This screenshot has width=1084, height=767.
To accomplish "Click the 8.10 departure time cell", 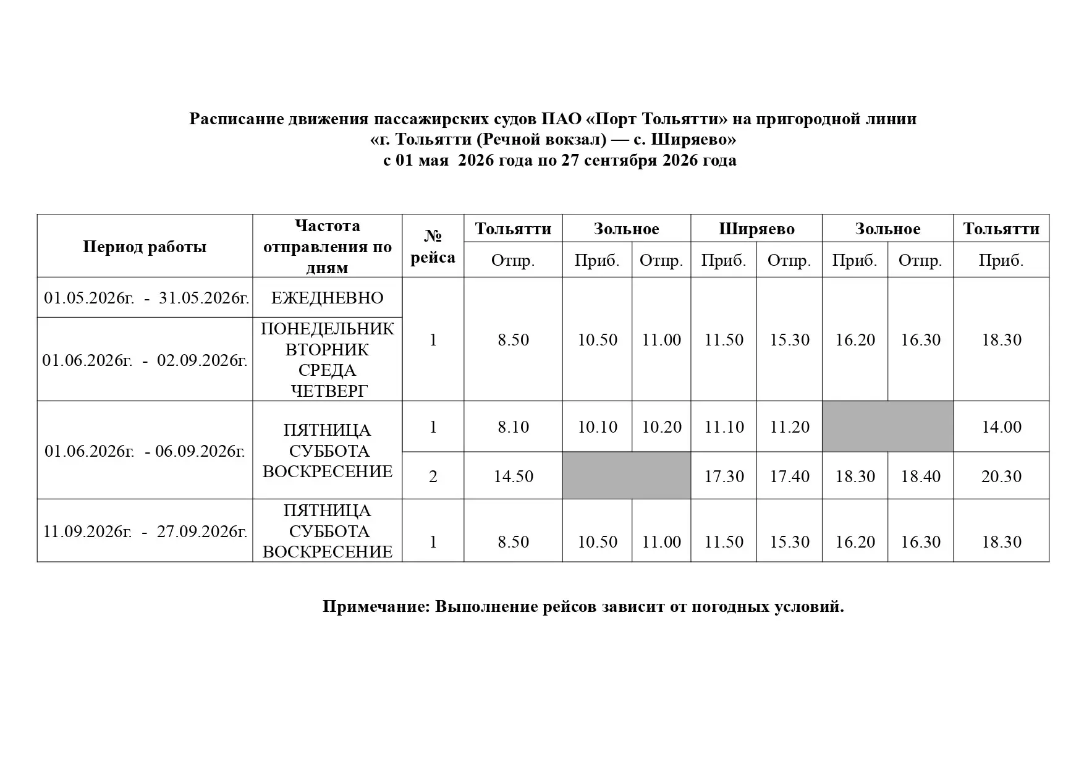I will pos(513,427).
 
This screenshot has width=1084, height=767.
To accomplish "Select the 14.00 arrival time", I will pos(1001,427).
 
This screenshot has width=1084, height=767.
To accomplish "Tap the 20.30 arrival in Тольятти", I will pos(1001,477).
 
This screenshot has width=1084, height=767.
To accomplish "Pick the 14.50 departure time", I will pos(513,477).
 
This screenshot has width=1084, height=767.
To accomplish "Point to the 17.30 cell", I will pos(724,477).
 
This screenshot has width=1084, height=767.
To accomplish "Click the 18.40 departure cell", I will pos(920,477).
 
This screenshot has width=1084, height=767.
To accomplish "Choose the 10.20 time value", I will pos(661,427).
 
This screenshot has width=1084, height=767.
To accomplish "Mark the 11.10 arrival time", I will pos(724,427).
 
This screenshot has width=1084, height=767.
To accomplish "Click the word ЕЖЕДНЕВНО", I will pos(327,298).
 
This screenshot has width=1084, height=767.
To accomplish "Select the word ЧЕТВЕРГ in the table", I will pos(328,391).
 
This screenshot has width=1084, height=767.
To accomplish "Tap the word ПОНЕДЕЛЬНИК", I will pos(327,329).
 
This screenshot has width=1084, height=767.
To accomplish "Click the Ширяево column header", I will pos(756,229).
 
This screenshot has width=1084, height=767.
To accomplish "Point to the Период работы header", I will pos(145,247).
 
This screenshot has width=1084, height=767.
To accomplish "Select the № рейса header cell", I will pos(433,247).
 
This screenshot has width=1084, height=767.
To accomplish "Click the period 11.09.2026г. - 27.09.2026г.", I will pos(145,532).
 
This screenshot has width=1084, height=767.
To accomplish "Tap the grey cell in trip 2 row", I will pos(626,476).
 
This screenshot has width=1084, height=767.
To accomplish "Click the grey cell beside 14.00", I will pos(887,426).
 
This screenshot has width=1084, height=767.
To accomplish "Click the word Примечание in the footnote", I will pos(375,607).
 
